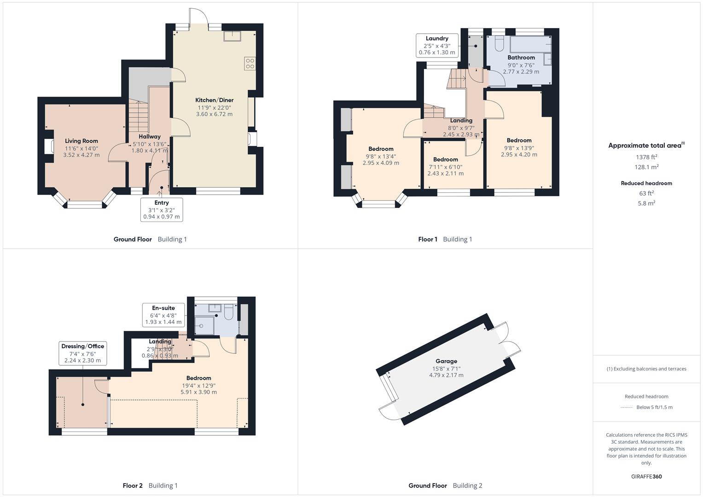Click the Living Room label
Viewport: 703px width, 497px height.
81,141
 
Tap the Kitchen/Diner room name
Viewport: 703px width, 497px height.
215,100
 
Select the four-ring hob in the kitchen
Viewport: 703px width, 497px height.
250,64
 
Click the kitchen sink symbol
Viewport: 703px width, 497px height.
232,36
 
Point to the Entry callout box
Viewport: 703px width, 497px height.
162,209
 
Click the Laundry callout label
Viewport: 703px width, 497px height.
437,38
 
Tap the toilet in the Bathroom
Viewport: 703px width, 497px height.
500,44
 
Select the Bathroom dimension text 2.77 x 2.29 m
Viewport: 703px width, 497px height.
521,71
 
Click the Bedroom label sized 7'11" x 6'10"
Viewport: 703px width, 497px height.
446,159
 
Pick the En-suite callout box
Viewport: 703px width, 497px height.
163,315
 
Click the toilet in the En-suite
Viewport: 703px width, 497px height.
229,312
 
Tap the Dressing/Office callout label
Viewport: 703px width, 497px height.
82,346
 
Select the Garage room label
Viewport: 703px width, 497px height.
446,361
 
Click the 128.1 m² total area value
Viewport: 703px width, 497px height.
646,167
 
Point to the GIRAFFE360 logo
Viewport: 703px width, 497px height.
646,476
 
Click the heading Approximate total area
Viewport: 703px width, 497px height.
646,145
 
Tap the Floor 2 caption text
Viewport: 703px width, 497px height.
133,485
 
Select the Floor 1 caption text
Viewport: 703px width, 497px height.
427,239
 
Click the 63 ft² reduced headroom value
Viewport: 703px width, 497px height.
646,193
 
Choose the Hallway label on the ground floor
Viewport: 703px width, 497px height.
150,137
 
